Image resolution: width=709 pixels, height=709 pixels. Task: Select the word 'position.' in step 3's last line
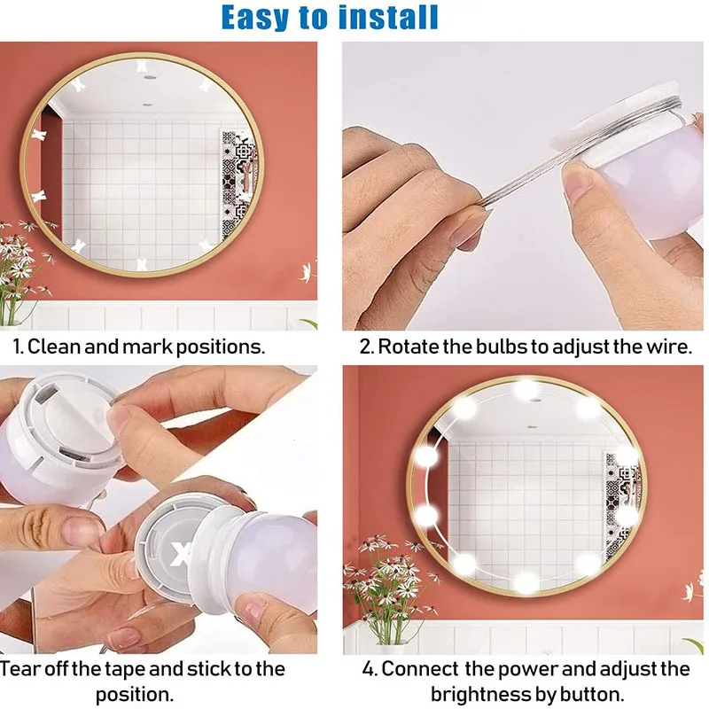tap(146, 693)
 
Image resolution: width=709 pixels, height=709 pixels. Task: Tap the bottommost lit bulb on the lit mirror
tap(526, 583)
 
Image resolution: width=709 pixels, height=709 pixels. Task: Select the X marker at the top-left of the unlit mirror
tap(78, 85)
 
